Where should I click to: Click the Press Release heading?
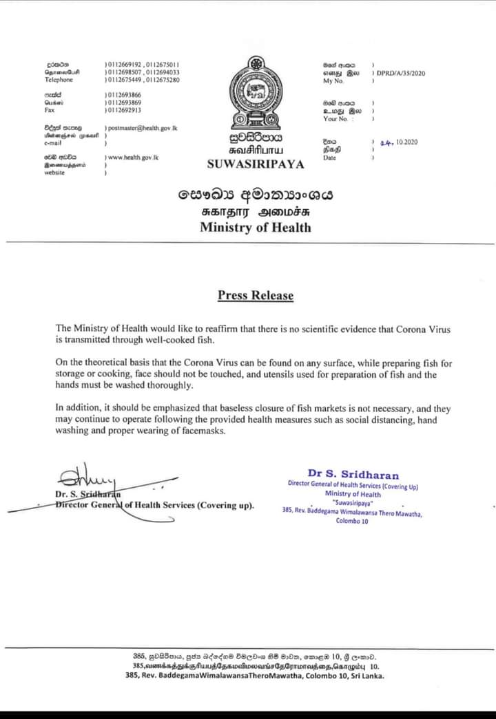[256, 296]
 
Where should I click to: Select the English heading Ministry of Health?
[256, 227]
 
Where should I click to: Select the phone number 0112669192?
[125, 64]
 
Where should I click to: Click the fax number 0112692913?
[125, 110]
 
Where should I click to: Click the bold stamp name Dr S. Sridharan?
[353, 474]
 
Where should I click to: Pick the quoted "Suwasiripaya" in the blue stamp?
[353, 503]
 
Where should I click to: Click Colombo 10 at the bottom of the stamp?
[353, 521]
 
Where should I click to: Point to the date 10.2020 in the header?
[406, 142]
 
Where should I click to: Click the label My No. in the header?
[333, 81]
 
